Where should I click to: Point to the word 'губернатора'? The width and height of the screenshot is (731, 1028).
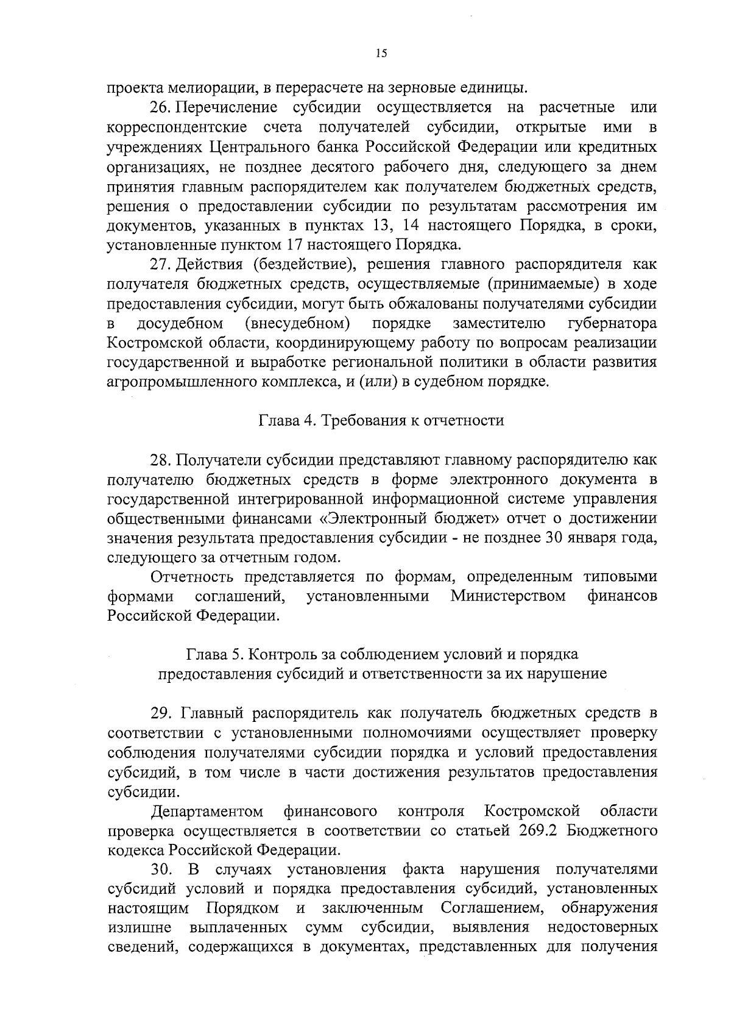click(x=612, y=323)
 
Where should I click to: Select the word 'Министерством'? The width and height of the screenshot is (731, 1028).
click(x=508, y=596)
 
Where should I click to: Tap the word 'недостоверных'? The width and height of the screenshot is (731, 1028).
click(x=602, y=927)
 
